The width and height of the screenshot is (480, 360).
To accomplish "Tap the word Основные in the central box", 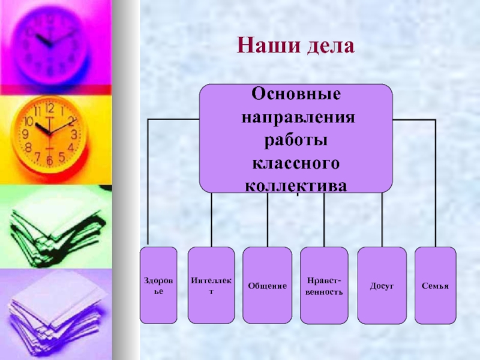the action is coord(296,94).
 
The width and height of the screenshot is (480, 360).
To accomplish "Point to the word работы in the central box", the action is coord(296,140).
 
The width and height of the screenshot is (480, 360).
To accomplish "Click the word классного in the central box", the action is coord(296,163).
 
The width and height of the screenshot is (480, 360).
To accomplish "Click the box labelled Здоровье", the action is coord(158,285).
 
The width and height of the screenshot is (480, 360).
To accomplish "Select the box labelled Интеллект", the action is coord(211,285).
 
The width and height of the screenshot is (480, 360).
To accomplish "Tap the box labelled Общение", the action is coord(268,285).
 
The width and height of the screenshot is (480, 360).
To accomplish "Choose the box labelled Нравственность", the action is coord(324,285).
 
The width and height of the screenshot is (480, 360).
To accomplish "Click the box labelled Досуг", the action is coord(382,285).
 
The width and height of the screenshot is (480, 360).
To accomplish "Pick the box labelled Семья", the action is coord(436,285).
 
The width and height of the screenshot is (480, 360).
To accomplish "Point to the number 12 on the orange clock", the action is coord(49,108).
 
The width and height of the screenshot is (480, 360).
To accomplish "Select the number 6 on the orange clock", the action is coord(49,160).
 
